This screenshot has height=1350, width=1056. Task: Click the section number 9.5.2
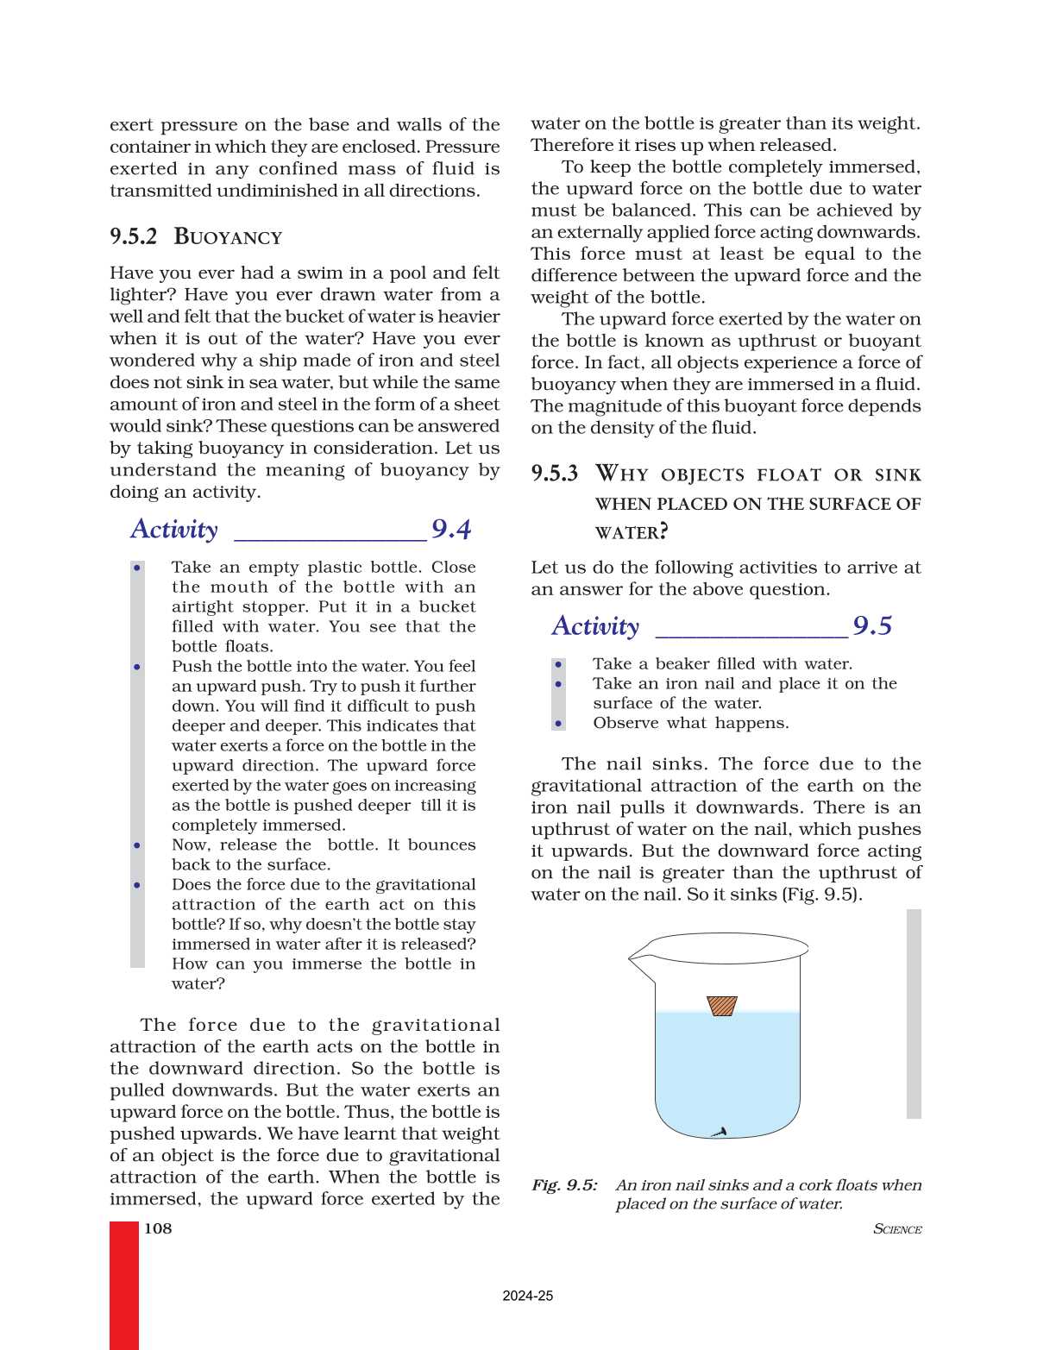(134, 237)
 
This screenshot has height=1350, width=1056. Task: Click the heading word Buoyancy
(228, 237)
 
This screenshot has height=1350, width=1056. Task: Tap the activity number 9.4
(451, 529)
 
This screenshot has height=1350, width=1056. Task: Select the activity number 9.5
(872, 625)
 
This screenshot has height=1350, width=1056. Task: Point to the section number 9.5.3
(554, 474)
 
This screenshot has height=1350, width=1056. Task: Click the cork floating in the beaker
(722, 1006)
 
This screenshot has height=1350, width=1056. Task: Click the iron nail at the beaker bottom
(719, 1132)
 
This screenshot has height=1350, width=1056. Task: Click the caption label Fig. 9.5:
(564, 1185)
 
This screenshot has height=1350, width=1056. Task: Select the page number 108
(158, 1228)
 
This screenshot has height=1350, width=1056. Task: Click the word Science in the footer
(897, 1229)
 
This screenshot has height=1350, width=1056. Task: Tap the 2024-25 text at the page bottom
(528, 1296)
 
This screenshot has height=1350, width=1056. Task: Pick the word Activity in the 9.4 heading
(174, 529)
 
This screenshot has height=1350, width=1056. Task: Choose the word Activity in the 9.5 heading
(595, 625)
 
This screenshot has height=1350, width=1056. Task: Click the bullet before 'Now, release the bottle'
(137, 845)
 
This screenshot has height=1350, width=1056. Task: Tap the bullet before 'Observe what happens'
(559, 724)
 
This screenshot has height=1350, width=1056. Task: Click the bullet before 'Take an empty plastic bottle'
(137, 568)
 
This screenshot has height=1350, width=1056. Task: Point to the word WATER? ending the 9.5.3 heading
(632, 532)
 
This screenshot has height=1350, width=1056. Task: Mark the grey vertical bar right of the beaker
(914, 1014)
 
